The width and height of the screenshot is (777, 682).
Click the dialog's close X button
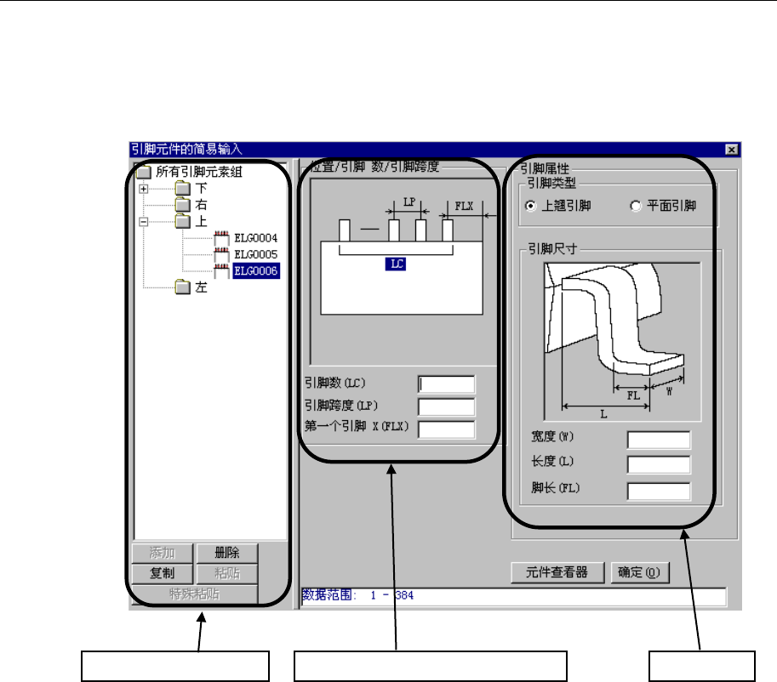731,149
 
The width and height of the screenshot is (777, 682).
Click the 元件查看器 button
558,572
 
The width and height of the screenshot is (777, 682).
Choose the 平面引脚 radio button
635,206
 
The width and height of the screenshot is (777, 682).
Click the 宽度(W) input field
658,440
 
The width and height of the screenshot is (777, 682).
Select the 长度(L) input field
658,464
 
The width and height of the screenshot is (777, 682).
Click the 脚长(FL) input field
658,491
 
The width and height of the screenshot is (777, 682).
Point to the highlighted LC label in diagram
396,264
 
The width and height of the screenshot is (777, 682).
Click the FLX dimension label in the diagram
465,206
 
